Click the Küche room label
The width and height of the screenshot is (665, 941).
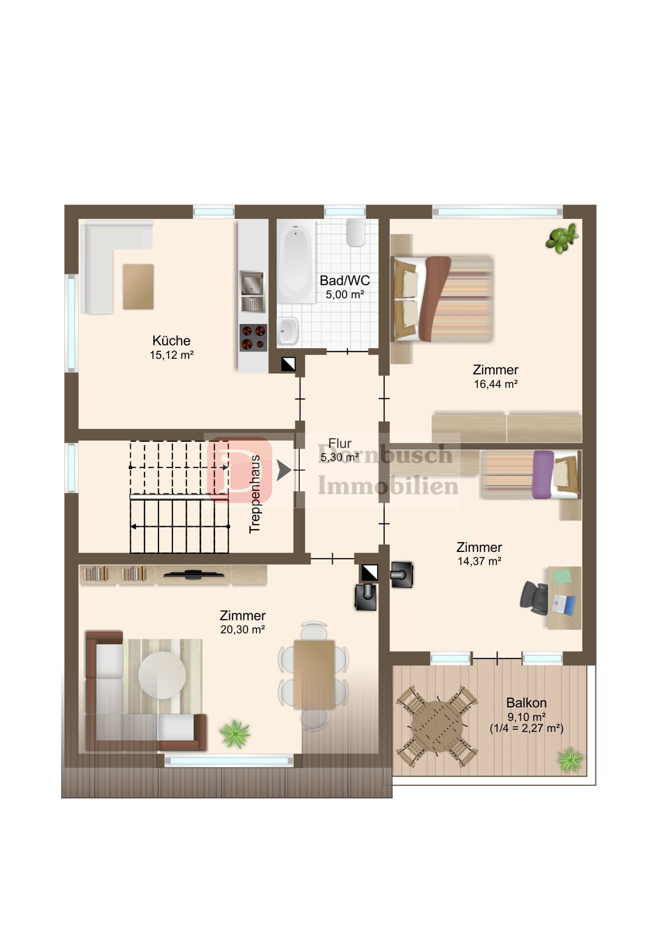click(171, 340)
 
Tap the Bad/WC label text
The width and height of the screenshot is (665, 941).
click(345, 280)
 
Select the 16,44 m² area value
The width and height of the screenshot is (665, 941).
click(495, 384)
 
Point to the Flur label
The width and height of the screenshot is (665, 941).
click(340, 443)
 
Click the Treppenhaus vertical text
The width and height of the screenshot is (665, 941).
click(255, 494)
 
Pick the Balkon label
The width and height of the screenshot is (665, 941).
click(526, 702)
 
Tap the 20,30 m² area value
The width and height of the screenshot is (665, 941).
click(243, 630)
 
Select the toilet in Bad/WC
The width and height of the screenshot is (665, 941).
click(356, 232)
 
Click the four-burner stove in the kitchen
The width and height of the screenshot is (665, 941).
click(253, 338)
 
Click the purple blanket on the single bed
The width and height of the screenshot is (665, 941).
click(542, 474)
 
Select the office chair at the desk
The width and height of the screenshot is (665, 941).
click(535, 597)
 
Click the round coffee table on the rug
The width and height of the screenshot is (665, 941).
click(162, 675)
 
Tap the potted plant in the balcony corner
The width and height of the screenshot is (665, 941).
click(570, 760)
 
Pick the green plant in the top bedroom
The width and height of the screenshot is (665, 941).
click(562, 238)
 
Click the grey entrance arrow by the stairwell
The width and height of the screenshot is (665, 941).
click(284, 470)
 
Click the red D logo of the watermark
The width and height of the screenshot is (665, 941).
click(239, 470)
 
